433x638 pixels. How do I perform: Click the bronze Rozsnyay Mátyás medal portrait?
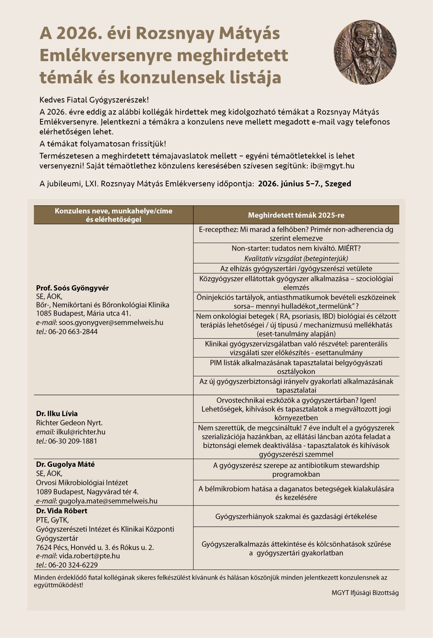(365, 52)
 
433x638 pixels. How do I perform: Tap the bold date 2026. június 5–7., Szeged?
(304, 184)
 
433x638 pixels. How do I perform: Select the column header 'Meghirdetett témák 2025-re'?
(296, 215)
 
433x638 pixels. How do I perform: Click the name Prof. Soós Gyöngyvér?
(72, 288)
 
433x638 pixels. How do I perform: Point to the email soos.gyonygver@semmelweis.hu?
(111, 322)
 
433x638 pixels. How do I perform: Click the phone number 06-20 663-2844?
(73, 332)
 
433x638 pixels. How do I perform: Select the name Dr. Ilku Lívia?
(57, 414)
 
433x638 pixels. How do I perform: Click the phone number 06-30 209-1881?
(73, 441)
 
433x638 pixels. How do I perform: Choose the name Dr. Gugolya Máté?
(65, 464)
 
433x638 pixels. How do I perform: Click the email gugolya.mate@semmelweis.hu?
(108, 501)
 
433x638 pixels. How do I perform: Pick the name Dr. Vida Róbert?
(62, 511)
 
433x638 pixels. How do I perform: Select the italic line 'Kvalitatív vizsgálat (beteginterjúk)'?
(296, 258)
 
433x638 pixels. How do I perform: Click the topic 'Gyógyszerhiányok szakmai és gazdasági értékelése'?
(296, 516)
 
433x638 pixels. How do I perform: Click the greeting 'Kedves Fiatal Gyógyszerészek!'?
(94, 100)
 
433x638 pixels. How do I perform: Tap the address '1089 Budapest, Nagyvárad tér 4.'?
(87, 491)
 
